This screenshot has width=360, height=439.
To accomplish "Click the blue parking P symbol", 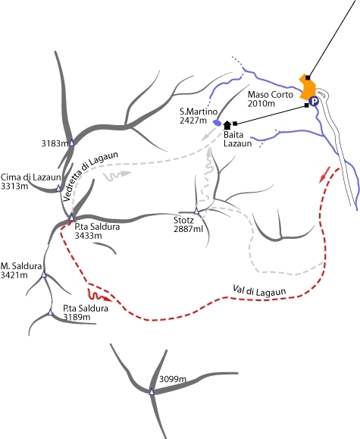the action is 314,101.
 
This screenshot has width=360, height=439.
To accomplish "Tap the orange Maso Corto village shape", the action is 308,87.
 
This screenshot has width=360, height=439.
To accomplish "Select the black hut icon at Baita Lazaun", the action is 227,125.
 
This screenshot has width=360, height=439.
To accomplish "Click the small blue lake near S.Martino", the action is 218,123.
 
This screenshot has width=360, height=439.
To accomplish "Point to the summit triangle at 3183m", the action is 72,143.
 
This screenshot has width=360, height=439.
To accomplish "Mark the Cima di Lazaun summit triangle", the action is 58,188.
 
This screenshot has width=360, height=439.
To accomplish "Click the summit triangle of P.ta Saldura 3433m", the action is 72,217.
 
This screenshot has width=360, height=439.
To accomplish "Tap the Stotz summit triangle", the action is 196,211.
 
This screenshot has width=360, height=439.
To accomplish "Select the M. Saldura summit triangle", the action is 44,274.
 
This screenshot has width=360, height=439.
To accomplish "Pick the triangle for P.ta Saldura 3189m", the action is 50,312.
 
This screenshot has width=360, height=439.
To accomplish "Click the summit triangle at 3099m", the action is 152,391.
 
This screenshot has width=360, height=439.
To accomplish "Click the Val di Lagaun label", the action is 259,290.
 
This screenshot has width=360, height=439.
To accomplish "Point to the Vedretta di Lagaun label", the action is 90,176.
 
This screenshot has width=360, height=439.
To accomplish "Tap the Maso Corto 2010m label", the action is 270,99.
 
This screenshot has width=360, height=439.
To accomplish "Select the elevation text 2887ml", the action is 188,229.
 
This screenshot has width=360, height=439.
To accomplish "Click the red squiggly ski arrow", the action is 99,296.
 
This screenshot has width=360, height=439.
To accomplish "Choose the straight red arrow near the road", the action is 324,174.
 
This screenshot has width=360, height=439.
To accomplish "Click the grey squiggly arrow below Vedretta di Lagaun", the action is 117,175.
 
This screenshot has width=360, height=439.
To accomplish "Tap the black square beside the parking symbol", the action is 307,105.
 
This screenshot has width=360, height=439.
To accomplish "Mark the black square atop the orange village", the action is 308,77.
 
